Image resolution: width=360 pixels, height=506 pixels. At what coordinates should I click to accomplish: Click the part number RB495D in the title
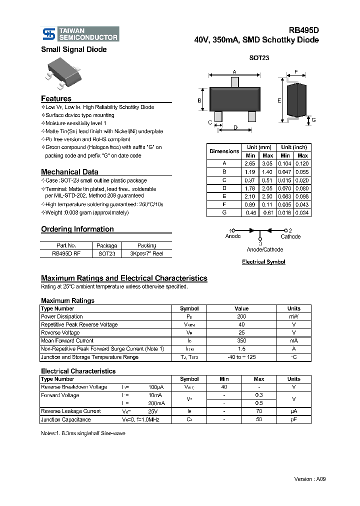303,30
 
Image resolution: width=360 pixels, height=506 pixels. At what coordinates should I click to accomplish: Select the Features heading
56,98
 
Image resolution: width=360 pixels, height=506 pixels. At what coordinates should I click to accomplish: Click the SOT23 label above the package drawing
259,58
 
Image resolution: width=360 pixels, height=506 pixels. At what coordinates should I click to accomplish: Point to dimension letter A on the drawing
234,71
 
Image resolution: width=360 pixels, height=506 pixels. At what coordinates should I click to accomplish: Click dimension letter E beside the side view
279,100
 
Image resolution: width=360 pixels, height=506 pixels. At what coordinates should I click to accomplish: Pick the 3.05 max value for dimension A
267,163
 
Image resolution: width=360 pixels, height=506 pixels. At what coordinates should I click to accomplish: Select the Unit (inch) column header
294,147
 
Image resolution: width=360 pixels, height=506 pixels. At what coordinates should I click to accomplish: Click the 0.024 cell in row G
302,212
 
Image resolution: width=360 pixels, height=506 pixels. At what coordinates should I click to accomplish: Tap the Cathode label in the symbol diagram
290,236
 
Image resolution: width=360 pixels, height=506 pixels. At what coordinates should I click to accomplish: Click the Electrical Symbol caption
263,262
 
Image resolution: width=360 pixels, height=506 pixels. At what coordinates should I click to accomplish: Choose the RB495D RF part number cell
66,253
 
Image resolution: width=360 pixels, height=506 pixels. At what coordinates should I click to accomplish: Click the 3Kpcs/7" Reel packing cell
146,253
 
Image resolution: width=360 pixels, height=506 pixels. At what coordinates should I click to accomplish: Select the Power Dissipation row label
62,316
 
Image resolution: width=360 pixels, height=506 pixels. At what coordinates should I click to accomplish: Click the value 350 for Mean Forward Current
241,341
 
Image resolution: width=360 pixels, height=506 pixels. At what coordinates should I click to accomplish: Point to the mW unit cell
294,316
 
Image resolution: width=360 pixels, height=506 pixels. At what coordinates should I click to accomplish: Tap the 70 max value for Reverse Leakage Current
259,411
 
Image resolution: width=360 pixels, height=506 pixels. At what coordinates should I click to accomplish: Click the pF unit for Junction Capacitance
294,419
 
